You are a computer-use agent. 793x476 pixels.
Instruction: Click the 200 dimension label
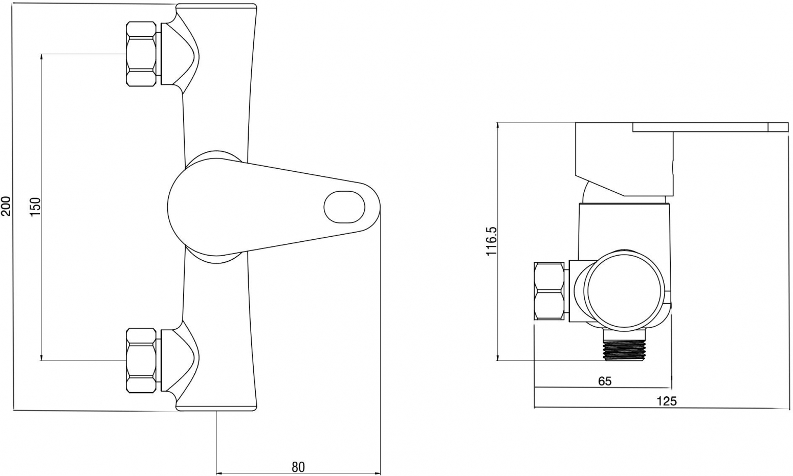pos(7,206)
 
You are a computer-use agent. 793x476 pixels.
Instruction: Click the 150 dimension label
pos(35,208)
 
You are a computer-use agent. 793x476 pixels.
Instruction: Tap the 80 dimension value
pos(298,467)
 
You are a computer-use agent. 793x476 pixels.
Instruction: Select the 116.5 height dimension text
pos(492,241)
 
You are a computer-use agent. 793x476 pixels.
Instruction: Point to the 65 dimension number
pos(605,381)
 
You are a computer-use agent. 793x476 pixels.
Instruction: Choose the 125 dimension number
pos(667,401)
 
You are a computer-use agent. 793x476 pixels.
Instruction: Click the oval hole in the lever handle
pos(344,208)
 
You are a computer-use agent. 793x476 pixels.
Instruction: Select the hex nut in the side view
pos(549,291)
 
